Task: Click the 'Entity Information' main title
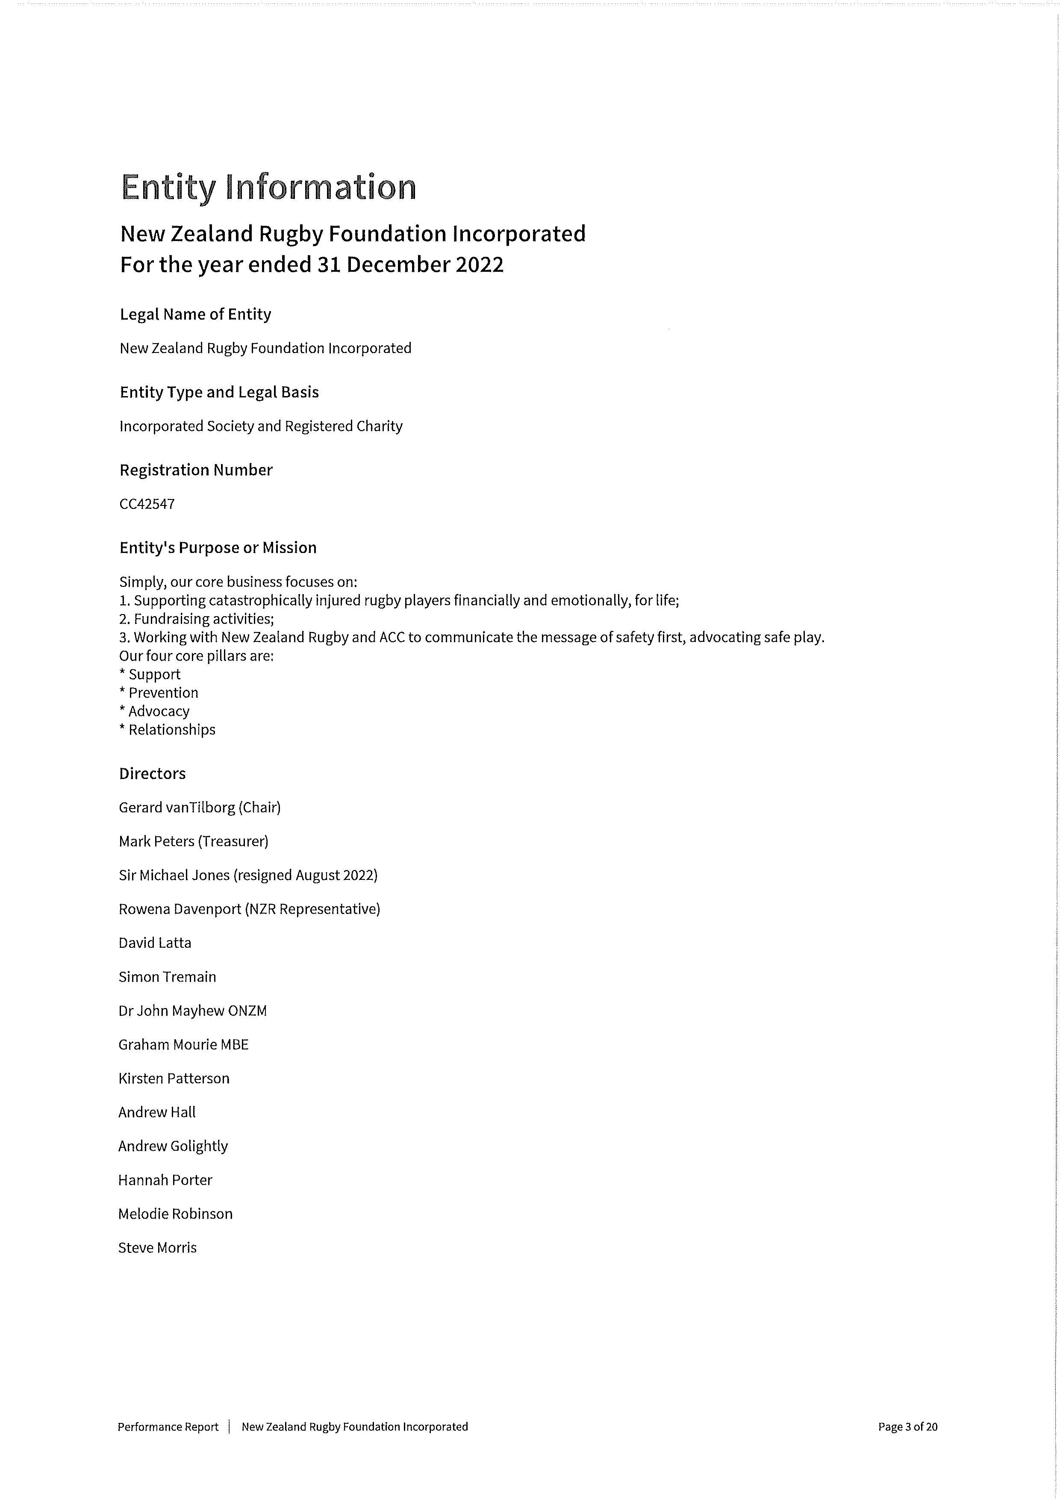click(268, 187)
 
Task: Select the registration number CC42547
click(147, 504)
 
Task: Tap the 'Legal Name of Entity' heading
click(195, 314)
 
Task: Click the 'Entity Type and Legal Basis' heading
click(219, 392)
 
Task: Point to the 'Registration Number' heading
click(196, 470)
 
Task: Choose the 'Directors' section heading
click(152, 774)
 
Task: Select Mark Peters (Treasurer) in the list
click(193, 841)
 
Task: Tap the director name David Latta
click(155, 943)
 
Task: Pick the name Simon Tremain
click(167, 977)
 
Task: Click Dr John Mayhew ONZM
click(193, 1011)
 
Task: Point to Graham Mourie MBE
click(183, 1045)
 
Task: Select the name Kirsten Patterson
click(174, 1079)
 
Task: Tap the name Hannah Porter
click(165, 1180)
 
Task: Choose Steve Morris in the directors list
click(157, 1248)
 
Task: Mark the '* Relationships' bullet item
click(167, 730)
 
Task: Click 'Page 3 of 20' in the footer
click(907, 1427)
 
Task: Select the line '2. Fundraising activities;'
click(197, 619)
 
